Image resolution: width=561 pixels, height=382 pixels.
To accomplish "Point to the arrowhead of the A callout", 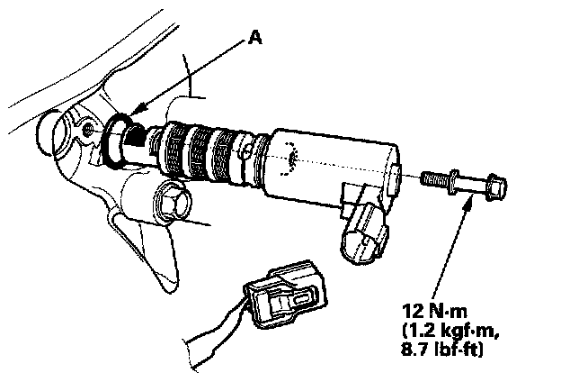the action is coord(128,114).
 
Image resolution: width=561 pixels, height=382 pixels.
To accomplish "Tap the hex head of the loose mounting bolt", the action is coord(495,188).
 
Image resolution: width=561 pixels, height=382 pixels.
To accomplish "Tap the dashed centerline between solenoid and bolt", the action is coord(360,169).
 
